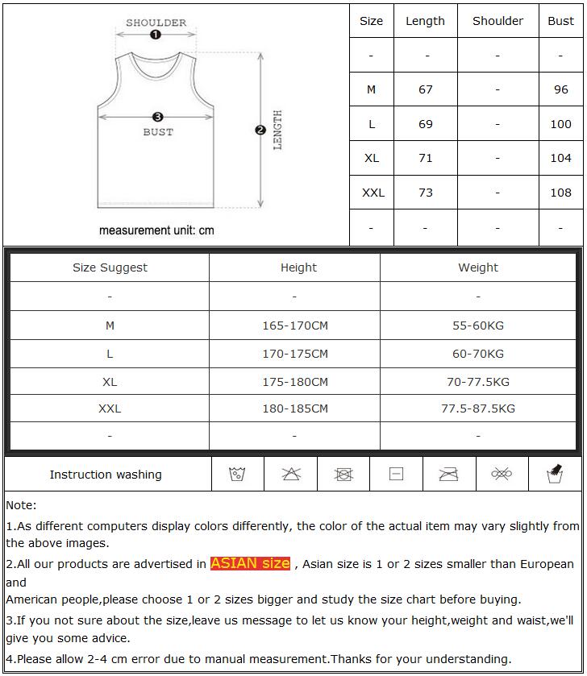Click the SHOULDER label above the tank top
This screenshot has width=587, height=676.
click(156, 23)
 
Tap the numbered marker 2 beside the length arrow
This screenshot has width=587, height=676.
click(260, 130)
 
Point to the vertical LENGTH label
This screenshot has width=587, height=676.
click(277, 131)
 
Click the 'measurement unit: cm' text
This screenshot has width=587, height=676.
click(156, 230)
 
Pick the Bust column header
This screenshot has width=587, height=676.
click(560, 21)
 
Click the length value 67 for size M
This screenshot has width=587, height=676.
click(426, 89)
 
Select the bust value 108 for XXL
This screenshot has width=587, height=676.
click(560, 193)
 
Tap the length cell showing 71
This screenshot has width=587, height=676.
click(426, 158)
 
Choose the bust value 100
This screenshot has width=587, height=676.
click(560, 124)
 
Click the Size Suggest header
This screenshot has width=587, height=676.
click(110, 267)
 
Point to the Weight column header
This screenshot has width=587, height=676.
click(478, 267)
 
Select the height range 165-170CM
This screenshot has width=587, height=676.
click(295, 326)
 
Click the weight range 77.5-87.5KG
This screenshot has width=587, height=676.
click(478, 409)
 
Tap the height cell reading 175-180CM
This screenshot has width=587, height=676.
click(295, 381)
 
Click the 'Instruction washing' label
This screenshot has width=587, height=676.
click(106, 475)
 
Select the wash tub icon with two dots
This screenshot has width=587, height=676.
click(237, 474)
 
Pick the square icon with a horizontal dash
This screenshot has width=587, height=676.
click(396, 474)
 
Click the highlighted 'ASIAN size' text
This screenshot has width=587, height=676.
click(250, 563)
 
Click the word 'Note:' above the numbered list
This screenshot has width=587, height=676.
click(21, 505)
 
